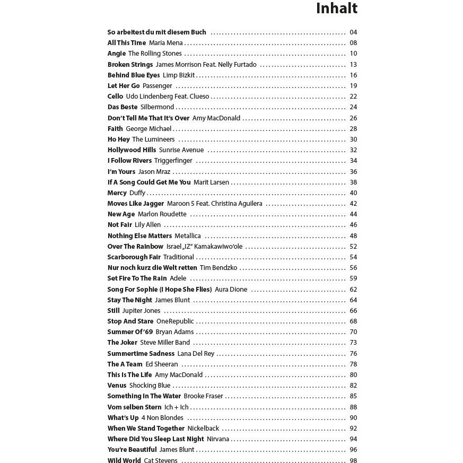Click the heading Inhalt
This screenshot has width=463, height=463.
(336, 8)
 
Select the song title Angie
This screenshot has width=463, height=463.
(117, 54)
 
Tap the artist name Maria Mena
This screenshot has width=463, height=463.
(165, 43)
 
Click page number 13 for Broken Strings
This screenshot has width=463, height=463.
(353, 65)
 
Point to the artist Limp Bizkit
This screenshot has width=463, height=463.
(179, 75)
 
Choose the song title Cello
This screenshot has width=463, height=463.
(115, 97)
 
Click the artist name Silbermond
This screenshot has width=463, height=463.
(157, 107)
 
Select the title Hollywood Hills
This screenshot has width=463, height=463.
(132, 150)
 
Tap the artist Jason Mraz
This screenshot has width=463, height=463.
(154, 172)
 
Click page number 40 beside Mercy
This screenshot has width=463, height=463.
(353, 193)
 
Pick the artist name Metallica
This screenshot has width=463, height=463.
(188, 236)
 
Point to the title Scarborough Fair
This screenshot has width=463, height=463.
(134, 257)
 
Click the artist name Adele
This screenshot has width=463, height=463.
(178, 278)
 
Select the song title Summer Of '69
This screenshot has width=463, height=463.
(130, 332)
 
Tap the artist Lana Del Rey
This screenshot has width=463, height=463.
(196, 354)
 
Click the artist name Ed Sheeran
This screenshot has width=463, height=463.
(162, 364)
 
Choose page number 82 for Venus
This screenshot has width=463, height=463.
(353, 386)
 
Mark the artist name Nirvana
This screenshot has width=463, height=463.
(218, 439)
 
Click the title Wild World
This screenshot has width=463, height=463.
(124, 461)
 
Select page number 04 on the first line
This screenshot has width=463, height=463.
(353, 32)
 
